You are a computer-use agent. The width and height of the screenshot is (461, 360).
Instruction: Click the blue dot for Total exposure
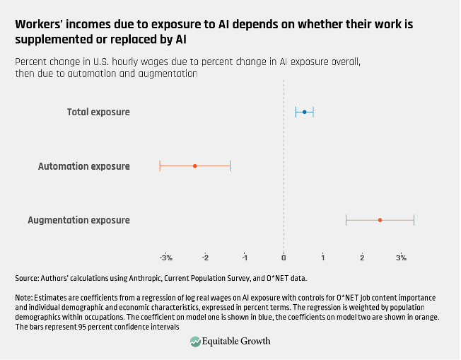pyautogui.click(x=305, y=112)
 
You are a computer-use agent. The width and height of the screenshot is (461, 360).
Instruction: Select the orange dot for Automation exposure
pyautogui.click(x=194, y=166)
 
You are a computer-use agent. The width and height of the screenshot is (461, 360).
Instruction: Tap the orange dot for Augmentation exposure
pyautogui.click(x=380, y=220)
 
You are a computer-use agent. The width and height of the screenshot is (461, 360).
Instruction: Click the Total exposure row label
pyautogui.click(x=98, y=112)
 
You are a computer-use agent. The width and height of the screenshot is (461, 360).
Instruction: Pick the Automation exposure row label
pyautogui.click(x=83, y=166)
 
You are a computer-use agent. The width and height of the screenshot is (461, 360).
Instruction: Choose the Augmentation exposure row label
pyautogui.click(x=78, y=220)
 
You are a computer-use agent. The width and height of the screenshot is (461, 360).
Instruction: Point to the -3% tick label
pyautogui.click(x=165, y=257)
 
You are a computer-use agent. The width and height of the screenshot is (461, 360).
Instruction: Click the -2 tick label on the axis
pyautogui.click(x=205, y=257)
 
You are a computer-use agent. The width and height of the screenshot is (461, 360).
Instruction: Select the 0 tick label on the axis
pyautogui.click(x=284, y=257)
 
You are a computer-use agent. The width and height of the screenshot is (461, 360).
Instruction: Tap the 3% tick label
pyautogui.click(x=401, y=257)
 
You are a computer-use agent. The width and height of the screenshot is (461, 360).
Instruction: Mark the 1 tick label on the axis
pyautogui.click(x=323, y=257)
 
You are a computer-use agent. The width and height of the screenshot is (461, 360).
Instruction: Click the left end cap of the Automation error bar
pyautogui.click(x=160, y=166)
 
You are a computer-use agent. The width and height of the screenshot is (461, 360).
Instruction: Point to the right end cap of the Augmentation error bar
pyautogui.click(x=414, y=220)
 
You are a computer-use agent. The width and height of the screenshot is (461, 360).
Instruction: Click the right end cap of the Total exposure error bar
pyautogui.click(x=313, y=112)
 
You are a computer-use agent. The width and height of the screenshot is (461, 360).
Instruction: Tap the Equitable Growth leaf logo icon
pyautogui.click(x=196, y=342)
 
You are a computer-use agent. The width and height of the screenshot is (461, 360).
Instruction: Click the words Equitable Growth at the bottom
pyautogui.click(x=237, y=342)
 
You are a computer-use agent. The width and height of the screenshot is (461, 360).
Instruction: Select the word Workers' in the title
pyautogui.click(x=40, y=24)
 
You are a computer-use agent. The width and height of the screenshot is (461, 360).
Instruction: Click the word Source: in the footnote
pyautogui.click(x=28, y=278)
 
